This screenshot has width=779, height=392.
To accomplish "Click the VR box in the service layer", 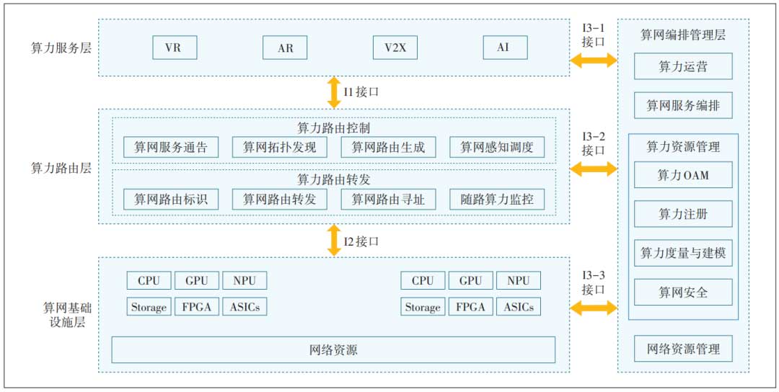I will pyautogui.click(x=175, y=48).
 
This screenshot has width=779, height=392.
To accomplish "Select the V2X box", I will pyautogui.click(x=395, y=48).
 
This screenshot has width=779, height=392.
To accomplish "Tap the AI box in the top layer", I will pyautogui.click(x=505, y=48).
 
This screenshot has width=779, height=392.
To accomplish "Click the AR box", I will pyautogui.click(x=285, y=48).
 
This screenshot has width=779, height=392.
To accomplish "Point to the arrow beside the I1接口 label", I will pyautogui.click(x=333, y=92).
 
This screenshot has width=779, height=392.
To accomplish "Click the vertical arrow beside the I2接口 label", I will pyautogui.click(x=333, y=240).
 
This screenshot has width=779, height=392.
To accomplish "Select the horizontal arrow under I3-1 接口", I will pyautogui.click(x=594, y=61).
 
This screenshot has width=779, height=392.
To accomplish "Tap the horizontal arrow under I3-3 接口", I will pyautogui.click(x=594, y=308).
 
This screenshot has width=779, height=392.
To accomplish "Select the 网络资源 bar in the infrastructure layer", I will pyautogui.click(x=333, y=350).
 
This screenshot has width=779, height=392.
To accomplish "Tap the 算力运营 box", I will pyautogui.click(x=683, y=67).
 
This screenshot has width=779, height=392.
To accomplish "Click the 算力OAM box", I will pyautogui.click(x=683, y=174).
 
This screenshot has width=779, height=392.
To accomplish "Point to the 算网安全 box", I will pyautogui.click(x=683, y=293).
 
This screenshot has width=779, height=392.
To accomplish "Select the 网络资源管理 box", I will pyautogui.click(x=683, y=349).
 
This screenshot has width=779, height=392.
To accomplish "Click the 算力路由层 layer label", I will pyautogui.click(x=61, y=167).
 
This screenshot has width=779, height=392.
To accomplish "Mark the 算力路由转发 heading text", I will pyautogui.click(x=334, y=179).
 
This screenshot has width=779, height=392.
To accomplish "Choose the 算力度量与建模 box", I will pyautogui.click(x=683, y=253).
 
